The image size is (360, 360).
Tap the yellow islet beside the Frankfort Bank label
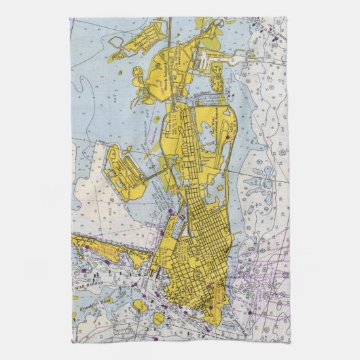(139, 305)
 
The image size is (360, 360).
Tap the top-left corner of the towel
(70, 18)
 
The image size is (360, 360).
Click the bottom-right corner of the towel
(289, 342)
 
